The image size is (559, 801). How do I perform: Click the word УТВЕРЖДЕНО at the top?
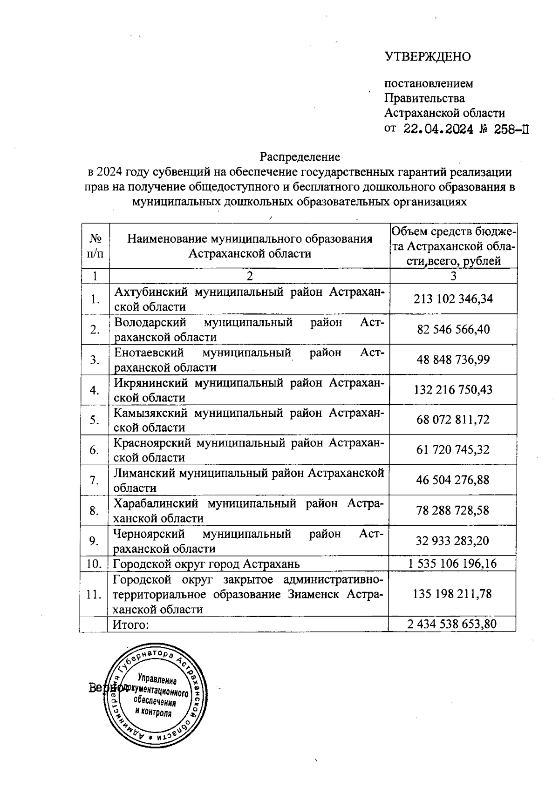point(428,57)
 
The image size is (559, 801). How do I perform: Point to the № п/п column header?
point(95,246)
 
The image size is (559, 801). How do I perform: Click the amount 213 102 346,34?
point(453,299)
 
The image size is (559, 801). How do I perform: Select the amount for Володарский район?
point(453,330)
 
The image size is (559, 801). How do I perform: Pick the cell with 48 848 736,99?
point(453,360)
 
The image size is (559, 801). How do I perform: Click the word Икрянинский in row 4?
point(151,383)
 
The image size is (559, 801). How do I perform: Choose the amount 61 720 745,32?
point(453,450)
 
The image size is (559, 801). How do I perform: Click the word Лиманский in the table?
point(143,473)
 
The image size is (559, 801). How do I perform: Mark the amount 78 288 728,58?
point(453,510)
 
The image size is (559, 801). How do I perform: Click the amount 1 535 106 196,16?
point(452,564)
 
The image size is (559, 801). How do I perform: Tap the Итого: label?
point(131,625)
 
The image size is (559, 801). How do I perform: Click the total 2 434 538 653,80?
point(452,625)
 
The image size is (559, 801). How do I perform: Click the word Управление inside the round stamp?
point(157,679)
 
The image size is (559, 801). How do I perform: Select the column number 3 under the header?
point(453,276)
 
